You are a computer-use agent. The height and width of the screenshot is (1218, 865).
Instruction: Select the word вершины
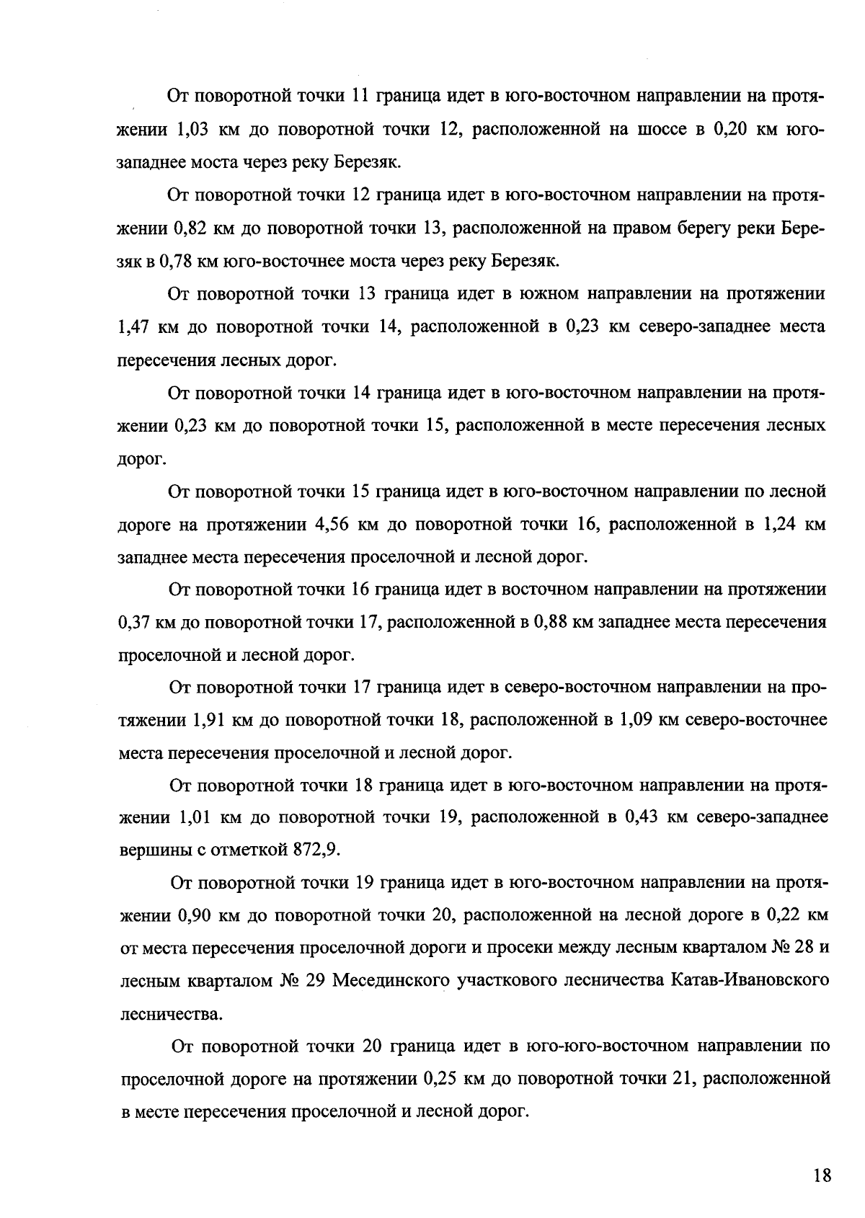pyautogui.click(x=154, y=850)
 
